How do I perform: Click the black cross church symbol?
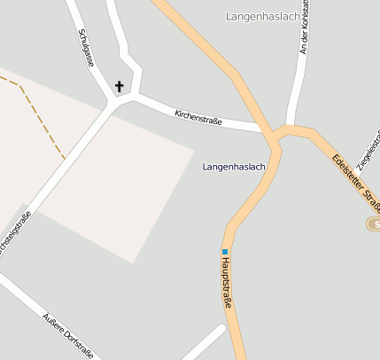pos(120,87)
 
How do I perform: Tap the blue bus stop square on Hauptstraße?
pos(225,252)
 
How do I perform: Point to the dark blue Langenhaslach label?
pos(234,167)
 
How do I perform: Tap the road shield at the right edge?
pos(374,223)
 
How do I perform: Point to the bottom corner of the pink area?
pos(133,263)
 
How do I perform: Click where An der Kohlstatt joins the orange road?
pos(287,128)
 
